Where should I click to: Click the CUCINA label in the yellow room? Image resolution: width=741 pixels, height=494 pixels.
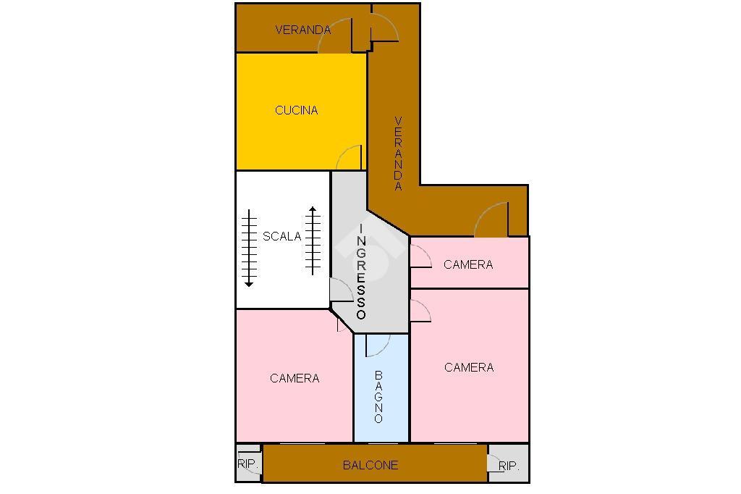296,110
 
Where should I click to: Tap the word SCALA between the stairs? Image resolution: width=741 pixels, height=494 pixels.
281,236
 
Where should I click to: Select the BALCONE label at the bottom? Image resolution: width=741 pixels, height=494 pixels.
370,465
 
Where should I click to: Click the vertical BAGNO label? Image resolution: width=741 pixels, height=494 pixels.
378,396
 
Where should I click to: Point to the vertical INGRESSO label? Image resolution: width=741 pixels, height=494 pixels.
361,271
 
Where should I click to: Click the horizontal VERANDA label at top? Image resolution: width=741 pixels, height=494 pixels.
303,30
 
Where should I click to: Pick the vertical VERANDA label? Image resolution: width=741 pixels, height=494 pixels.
399,154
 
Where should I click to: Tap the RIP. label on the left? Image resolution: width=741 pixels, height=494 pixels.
247,464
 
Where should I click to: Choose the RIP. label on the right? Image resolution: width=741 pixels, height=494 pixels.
509,466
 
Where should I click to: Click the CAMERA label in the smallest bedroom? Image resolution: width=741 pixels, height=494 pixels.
468,264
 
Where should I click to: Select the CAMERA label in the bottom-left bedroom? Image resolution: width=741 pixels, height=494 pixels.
295,378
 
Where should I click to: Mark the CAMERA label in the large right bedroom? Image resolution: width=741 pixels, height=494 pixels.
469,367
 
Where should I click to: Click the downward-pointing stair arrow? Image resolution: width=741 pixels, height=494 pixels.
249,248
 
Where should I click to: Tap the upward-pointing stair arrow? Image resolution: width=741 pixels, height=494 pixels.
313,240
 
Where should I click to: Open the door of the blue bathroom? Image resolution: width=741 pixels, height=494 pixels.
378,346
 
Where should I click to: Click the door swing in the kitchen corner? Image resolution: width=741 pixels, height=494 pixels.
349,158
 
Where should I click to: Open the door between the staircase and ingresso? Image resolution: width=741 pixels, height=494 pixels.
342,290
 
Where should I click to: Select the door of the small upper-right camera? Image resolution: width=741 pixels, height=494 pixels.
421,256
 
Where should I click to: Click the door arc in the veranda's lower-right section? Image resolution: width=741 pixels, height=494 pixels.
491,219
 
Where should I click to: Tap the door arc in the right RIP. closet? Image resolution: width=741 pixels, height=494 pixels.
493,463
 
